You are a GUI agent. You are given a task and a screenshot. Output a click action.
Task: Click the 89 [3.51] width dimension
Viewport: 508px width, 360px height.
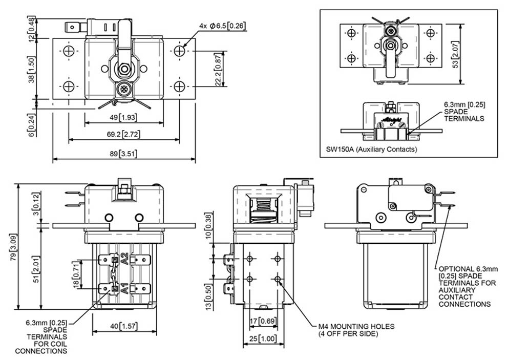[x=123, y=153]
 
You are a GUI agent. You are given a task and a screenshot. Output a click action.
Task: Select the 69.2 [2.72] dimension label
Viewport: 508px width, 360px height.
[x=123, y=134]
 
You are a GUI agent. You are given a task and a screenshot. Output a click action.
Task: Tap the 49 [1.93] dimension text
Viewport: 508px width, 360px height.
[x=123, y=117]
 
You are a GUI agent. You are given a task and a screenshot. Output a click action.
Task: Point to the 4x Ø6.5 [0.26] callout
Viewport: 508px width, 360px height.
[x=222, y=26]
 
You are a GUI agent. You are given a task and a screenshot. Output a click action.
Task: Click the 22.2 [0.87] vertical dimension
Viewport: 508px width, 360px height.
[x=218, y=70]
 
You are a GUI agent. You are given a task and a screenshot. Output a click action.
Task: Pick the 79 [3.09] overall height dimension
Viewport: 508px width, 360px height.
[x=14, y=247]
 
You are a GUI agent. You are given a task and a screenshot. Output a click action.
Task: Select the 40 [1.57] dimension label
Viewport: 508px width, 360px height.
[x=124, y=326]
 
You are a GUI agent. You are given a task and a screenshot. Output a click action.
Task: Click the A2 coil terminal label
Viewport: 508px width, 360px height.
[x=124, y=259]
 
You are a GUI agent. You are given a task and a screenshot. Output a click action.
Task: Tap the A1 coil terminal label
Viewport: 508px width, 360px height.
[x=124, y=288]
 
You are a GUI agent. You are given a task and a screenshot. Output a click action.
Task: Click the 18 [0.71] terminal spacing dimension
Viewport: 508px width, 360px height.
[x=76, y=275]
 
